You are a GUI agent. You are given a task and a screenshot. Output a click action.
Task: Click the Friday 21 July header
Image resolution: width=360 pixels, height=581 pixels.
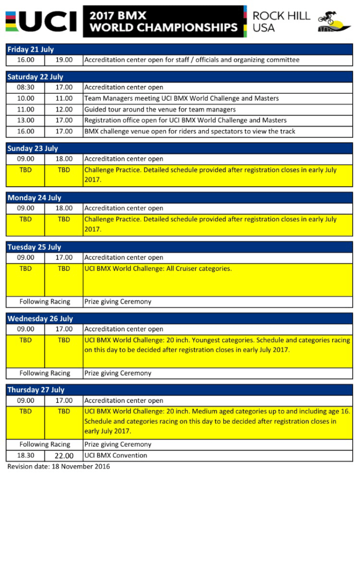tap(30, 49)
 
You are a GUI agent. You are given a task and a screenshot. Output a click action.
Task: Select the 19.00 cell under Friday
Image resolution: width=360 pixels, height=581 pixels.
tap(64, 60)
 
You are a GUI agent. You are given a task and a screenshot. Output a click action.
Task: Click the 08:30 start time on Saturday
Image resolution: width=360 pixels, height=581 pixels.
tap(26, 87)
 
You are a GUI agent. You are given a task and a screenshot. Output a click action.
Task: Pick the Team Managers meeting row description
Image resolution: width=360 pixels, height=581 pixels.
tap(182, 98)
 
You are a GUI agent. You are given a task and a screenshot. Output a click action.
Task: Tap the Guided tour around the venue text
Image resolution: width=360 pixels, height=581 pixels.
tap(160, 110)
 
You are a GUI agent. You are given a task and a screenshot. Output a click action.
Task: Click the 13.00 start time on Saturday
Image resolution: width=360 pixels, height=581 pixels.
tap(26, 120)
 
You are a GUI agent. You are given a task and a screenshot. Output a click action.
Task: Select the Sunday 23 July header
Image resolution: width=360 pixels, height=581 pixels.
tap(32, 148)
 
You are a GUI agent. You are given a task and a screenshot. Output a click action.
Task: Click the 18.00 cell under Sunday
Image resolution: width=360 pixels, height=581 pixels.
tap(64, 159)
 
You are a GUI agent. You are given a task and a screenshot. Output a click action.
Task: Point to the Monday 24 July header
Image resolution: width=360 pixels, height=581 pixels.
tap(34, 198)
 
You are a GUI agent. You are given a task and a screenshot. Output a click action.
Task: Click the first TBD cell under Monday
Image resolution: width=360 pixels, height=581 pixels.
tap(26, 219)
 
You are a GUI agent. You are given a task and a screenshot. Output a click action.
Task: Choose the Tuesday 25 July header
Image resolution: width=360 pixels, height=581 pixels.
tap(34, 247)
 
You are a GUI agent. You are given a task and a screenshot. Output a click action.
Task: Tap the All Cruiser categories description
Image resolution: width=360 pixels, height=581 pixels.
tap(158, 269)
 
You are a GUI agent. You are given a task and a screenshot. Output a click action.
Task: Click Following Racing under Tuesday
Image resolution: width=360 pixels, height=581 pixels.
tap(45, 302)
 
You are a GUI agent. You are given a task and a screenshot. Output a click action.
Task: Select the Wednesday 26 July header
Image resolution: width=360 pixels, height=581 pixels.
tap(40, 319)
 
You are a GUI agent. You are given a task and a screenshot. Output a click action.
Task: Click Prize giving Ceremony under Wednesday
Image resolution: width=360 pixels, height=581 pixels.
tap(118, 373)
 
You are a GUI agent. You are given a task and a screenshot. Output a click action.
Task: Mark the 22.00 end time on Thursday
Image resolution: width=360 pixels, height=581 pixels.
tap(64, 455)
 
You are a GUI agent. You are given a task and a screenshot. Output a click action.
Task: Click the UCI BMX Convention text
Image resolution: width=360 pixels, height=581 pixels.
tap(116, 455)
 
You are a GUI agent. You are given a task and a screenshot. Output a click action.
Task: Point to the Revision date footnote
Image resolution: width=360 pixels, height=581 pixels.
tap(58, 467)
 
